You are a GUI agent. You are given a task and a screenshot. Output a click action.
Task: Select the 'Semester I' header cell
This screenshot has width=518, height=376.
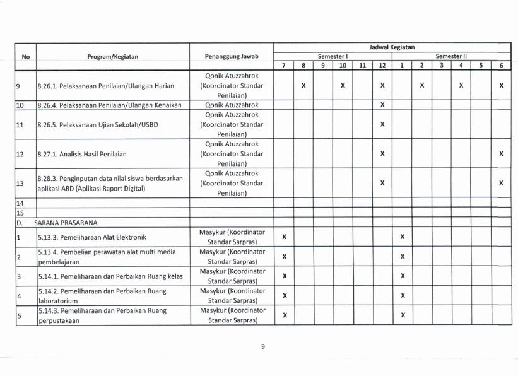click(333, 56)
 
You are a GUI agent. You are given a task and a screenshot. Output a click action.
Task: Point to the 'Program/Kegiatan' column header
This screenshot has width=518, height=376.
click(113, 56)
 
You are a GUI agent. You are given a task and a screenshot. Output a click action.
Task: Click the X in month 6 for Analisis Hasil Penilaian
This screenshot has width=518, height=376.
click(501, 153)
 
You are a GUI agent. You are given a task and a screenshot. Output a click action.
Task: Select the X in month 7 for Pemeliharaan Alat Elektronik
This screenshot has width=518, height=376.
click(285, 237)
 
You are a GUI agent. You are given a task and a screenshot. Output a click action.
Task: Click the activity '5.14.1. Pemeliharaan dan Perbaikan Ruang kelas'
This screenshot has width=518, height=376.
click(110, 277)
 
